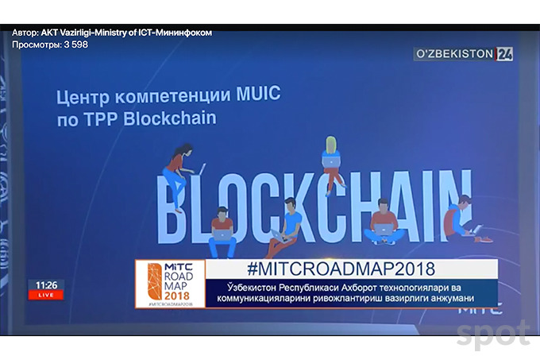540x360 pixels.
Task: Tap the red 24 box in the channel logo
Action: (505, 55)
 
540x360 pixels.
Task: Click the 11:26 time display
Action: (45, 285)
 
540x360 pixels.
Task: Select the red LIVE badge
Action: (45, 295)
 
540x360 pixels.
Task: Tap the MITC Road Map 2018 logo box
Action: (169, 284)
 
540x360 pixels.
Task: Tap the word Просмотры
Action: (35, 45)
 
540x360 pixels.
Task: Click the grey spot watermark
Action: (492, 335)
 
